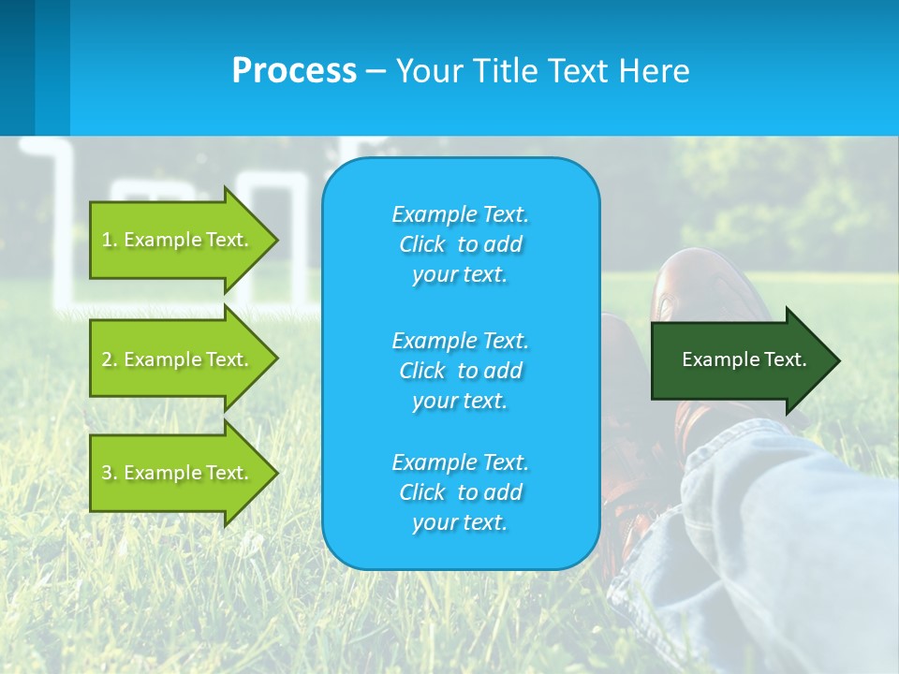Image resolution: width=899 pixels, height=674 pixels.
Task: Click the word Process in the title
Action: [294, 71]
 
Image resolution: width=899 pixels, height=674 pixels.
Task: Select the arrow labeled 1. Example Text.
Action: [178, 240]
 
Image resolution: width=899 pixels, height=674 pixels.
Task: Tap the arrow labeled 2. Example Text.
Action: [178, 359]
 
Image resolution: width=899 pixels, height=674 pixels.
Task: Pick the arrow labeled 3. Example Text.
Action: [178, 473]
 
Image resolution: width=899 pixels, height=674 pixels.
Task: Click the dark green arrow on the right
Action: [740, 360]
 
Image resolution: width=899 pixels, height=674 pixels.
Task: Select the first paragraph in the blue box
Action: [460, 244]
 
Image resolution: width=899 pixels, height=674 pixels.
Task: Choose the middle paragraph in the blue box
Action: [460, 371]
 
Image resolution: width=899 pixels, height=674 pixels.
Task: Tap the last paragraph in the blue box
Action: [460, 492]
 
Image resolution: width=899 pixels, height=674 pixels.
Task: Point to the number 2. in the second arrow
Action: [110, 359]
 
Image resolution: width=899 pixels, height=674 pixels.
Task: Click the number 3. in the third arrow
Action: [110, 473]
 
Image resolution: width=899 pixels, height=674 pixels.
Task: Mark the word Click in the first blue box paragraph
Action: [422, 245]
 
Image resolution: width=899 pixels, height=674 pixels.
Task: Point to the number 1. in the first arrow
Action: [110, 240]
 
